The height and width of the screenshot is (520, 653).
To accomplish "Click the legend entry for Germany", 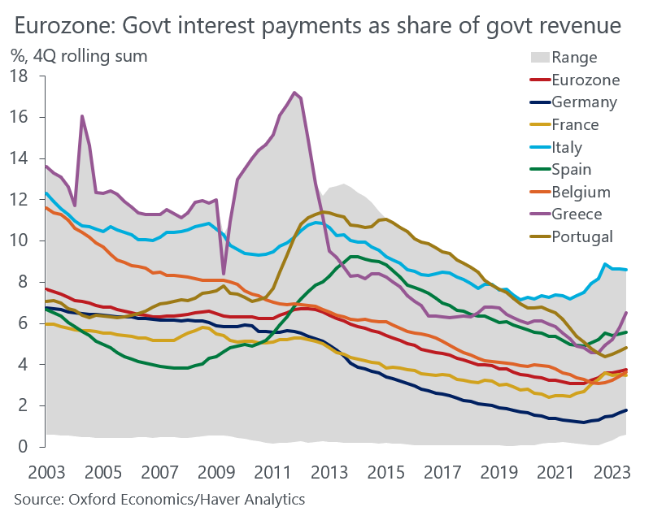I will pos(584,102).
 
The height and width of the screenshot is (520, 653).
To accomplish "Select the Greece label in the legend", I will pos(577,214).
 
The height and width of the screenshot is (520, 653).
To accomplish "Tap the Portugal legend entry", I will pos(581,236).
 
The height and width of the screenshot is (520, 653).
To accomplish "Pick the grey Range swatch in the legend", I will pos(538,58).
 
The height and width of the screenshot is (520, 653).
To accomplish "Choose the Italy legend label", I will pos(566,147).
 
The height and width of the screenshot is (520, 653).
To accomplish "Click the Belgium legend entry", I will pos(581,192).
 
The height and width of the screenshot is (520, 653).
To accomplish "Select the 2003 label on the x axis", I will pos(46,471).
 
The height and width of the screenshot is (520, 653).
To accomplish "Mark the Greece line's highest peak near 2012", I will pos(294,93).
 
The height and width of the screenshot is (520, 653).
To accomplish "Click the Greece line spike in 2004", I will pos(82,116).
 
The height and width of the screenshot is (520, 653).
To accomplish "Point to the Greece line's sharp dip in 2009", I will pos(224,274).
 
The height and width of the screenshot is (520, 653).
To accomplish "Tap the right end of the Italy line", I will pos(625,270).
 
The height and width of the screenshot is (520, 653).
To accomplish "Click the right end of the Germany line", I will pos(625,410).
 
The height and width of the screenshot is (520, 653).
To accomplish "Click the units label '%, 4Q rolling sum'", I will pos(79,56).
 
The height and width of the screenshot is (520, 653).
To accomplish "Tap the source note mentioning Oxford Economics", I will pos(159,498).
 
